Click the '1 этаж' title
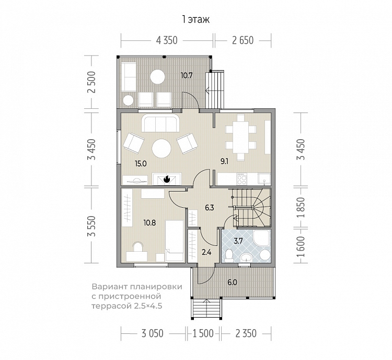[x=196, y=19]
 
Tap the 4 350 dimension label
[x=167, y=40]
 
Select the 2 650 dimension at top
[x=243, y=40]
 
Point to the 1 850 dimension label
[x=302, y=208]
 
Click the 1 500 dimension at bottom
[x=203, y=333]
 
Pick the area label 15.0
[x=141, y=164]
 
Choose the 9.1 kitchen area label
[x=224, y=162]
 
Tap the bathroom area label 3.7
[x=238, y=241]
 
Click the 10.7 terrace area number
[x=187, y=75]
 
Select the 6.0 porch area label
[x=232, y=283]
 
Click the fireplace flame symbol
[x=167, y=179]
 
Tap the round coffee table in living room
[x=162, y=149]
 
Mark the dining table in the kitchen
[x=240, y=137]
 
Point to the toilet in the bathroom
[x=228, y=255]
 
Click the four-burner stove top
[x=242, y=179]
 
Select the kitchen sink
[x=264, y=179]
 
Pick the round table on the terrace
[x=157, y=77]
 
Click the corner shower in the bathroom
[x=261, y=238]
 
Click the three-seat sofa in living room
[x=160, y=123]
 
